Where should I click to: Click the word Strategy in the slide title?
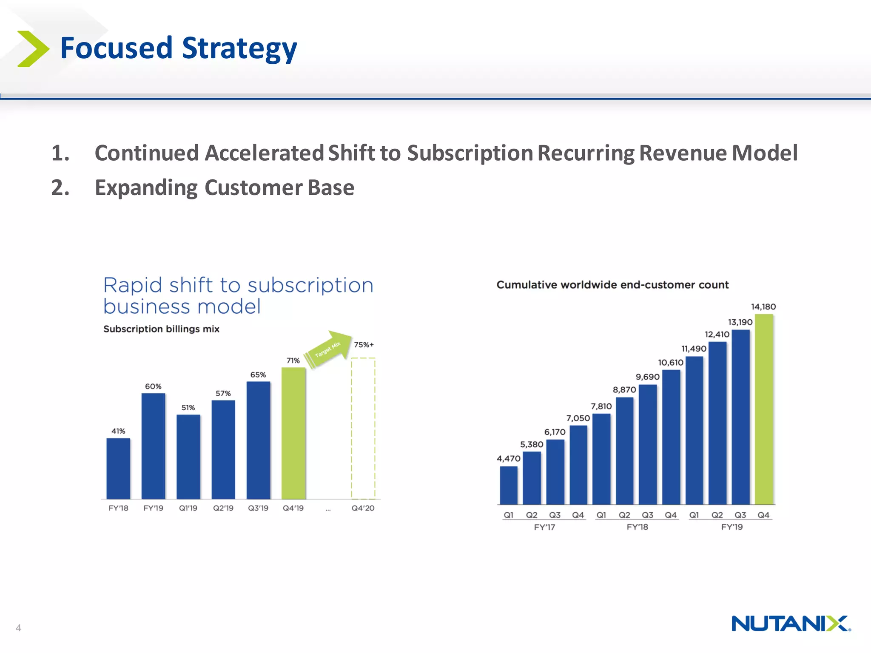coord(239,48)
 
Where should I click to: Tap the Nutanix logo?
coord(791,623)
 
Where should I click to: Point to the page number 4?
coord(18,627)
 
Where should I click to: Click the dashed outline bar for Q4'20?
coord(363,429)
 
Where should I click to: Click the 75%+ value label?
coord(364,345)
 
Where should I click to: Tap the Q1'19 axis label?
coord(188,508)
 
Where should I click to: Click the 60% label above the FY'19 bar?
coord(153,386)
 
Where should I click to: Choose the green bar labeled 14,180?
coord(764,409)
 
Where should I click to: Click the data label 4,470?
coord(508,458)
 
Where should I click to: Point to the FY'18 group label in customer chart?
coord(637,527)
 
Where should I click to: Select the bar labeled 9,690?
coord(648,444)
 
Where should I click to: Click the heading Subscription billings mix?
coord(161,329)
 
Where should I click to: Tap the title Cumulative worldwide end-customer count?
coord(612,285)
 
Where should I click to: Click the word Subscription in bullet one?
coord(470,153)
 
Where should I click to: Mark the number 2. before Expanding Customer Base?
coord(60,187)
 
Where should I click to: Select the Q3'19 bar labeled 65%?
coord(258,440)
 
